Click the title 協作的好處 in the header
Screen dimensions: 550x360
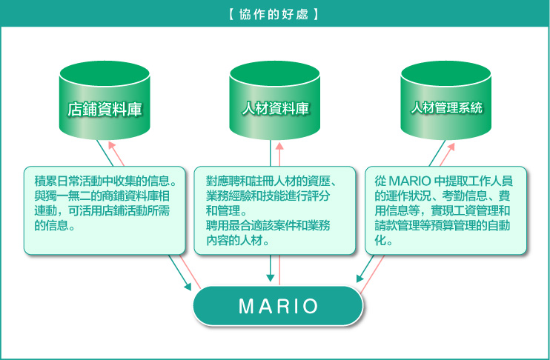(x=274, y=14)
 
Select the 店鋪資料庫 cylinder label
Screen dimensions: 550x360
(x=105, y=109)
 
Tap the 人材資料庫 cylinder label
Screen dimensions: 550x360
(x=275, y=108)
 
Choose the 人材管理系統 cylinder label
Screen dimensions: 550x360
(x=446, y=107)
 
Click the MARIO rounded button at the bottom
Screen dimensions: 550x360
(x=278, y=306)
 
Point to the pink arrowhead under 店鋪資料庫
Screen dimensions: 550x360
(x=112, y=145)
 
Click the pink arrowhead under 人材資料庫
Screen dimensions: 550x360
(x=279, y=146)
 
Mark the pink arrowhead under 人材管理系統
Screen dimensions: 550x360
(x=451, y=147)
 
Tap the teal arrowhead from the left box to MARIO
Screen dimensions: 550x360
(x=188, y=286)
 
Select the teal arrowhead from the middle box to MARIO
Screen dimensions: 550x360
(x=270, y=278)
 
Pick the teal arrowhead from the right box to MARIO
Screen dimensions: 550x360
(x=360, y=278)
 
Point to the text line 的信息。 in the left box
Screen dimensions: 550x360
(x=55, y=225)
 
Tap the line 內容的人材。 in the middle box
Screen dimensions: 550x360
(x=237, y=240)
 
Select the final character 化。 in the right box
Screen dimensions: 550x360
(x=383, y=240)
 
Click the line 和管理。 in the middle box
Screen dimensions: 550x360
(x=226, y=210)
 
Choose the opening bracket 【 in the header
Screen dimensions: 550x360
(x=232, y=14)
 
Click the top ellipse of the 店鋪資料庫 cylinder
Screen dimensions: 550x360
(x=105, y=73)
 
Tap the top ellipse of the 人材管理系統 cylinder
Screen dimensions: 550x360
(x=445, y=73)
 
